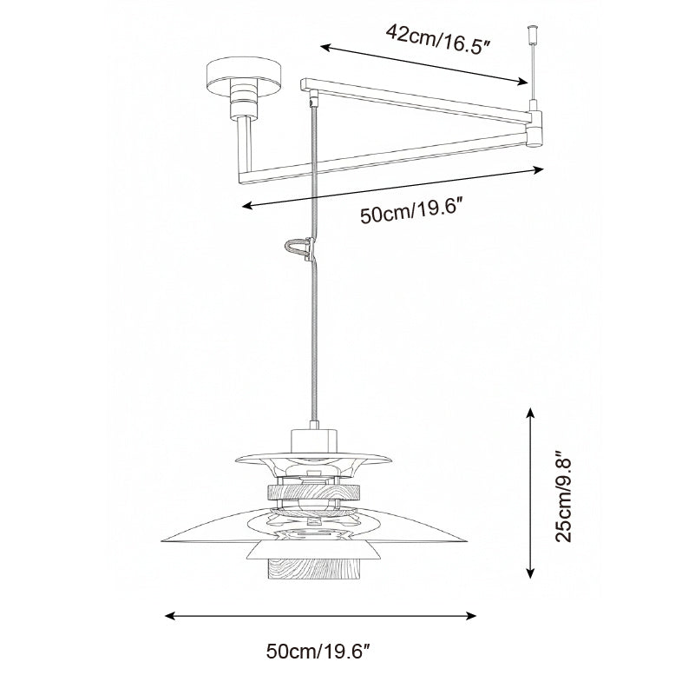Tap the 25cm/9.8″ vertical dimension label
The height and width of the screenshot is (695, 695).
click(x=564, y=497)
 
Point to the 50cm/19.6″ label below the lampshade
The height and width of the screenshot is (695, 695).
click(x=318, y=652)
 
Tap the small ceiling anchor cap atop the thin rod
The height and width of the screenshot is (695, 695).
click(x=531, y=33)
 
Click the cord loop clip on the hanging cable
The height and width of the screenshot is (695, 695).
click(x=300, y=248)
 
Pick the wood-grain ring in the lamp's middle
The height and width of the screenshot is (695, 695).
click(x=313, y=492)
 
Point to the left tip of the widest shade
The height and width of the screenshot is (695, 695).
click(x=162, y=540)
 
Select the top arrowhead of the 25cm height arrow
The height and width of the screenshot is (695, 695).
click(x=530, y=413)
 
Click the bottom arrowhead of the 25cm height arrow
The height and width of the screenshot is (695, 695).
click(x=530, y=573)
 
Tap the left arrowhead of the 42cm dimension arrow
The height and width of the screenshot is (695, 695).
click(x=325, y=47)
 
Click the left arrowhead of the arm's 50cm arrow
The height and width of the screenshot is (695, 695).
click(x=248, y=205)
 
